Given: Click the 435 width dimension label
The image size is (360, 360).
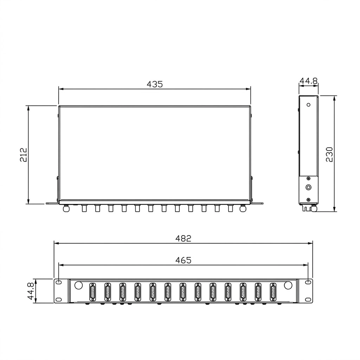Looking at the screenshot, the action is [155, 84].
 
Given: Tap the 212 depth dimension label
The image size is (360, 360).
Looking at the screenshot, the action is [24, 155].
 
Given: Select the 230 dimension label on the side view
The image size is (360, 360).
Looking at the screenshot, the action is [329, 154].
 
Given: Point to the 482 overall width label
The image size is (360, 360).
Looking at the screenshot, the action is [183, 239].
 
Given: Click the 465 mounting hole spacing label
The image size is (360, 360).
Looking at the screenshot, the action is [183, 260].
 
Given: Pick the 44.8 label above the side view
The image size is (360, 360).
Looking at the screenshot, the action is [309, 81].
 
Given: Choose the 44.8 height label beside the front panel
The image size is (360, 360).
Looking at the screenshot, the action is [31, 291].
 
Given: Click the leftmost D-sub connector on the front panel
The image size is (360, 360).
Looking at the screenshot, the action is [92, 292].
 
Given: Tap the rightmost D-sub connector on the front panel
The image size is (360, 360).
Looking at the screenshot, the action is [273, 292].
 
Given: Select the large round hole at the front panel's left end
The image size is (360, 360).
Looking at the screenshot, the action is [78, 285].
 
